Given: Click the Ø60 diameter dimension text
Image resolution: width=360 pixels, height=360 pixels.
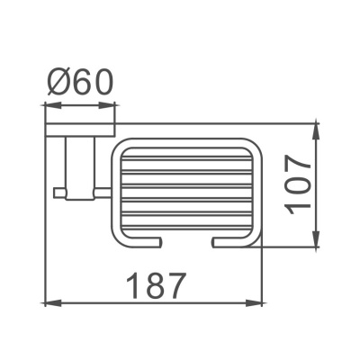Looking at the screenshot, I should tap(80, 84).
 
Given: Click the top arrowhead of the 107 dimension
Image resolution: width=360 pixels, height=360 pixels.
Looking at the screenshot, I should tap(315, 128).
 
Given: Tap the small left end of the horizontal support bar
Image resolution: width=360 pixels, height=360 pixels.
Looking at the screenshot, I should tap(58, 192).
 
